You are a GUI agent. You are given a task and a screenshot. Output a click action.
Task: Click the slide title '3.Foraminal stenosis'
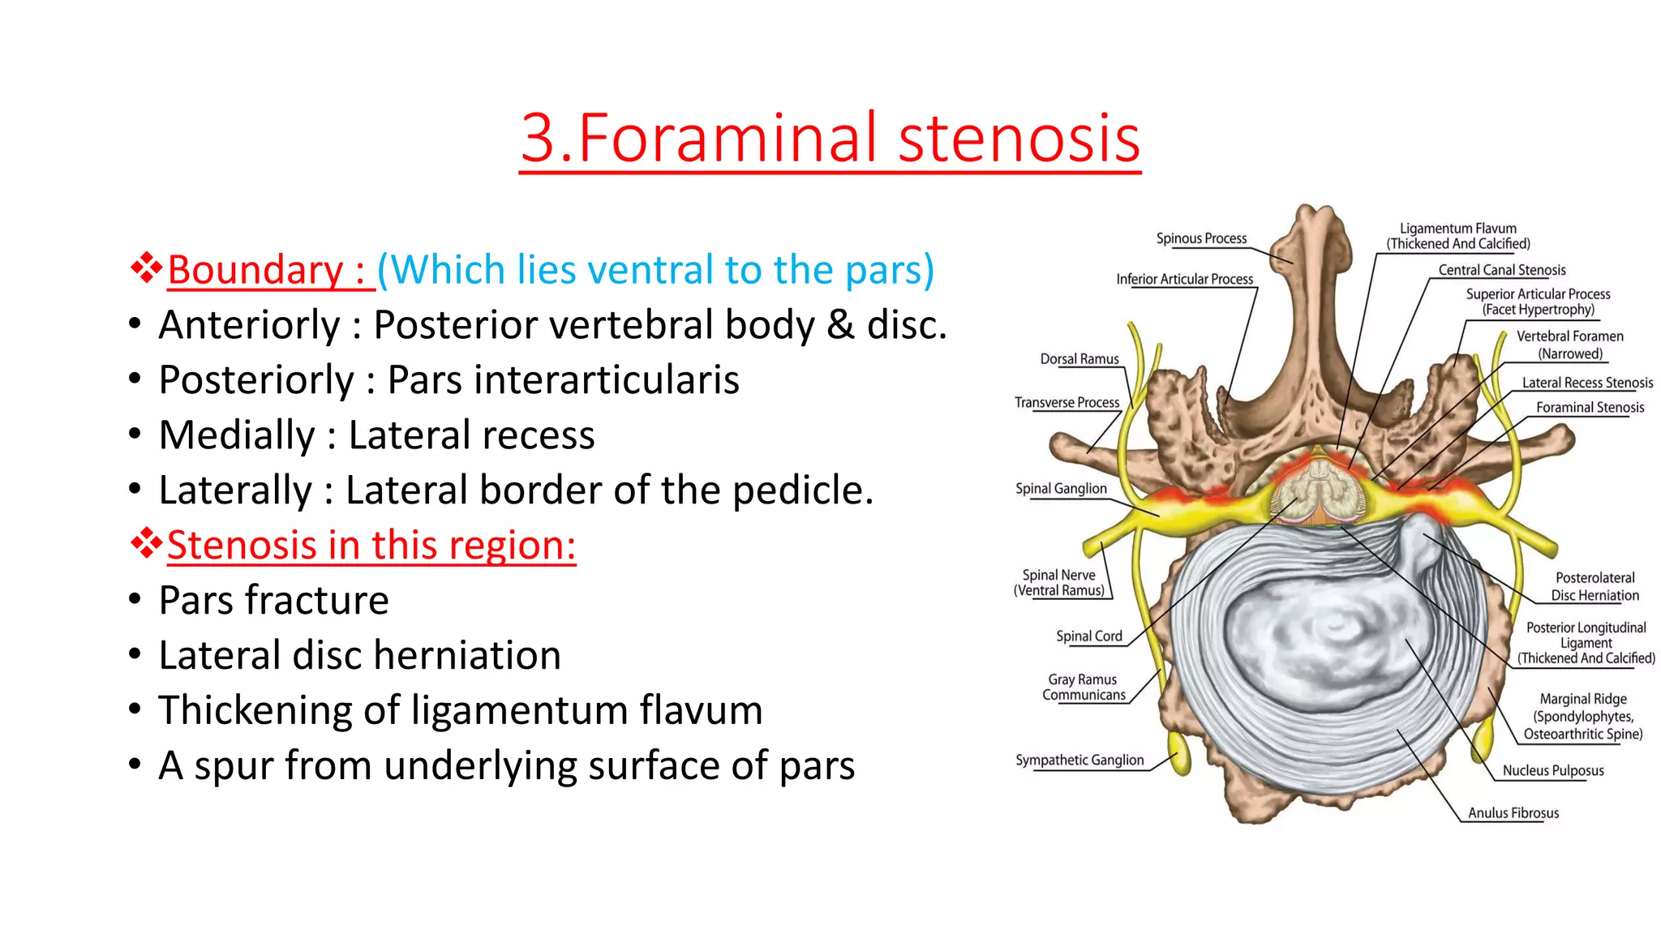[x=830, y=138]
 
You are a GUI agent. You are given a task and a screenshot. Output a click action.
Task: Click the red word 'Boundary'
[x=255, y=270]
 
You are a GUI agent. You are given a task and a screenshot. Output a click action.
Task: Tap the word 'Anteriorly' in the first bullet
[x=249, y=325]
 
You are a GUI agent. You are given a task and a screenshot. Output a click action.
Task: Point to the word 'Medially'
[x=237, y=435]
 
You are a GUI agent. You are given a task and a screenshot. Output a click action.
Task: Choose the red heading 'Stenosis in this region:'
[x=371, y=545]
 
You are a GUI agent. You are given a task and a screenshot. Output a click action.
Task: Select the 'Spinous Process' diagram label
[x=1201, y=238]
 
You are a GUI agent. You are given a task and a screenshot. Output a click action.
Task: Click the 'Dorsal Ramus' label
[x=1079, y=359]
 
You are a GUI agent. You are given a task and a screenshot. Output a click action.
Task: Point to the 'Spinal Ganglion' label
[x=1061, y=488]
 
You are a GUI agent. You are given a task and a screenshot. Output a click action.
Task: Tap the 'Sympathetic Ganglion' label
[x=1079, y=760]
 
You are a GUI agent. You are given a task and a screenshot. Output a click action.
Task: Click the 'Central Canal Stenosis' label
[x=1502, y=270]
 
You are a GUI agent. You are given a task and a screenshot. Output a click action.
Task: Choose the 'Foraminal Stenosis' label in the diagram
[x=1590, y=407]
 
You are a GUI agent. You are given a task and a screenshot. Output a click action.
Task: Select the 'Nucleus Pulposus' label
[x=1553, y=770]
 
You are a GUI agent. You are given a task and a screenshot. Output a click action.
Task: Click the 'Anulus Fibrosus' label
[x=1513, y=812]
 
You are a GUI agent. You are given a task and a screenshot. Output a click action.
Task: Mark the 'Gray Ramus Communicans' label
[x=1084, y=687]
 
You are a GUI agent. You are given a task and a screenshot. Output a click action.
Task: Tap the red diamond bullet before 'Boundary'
[x=146, y=268]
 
